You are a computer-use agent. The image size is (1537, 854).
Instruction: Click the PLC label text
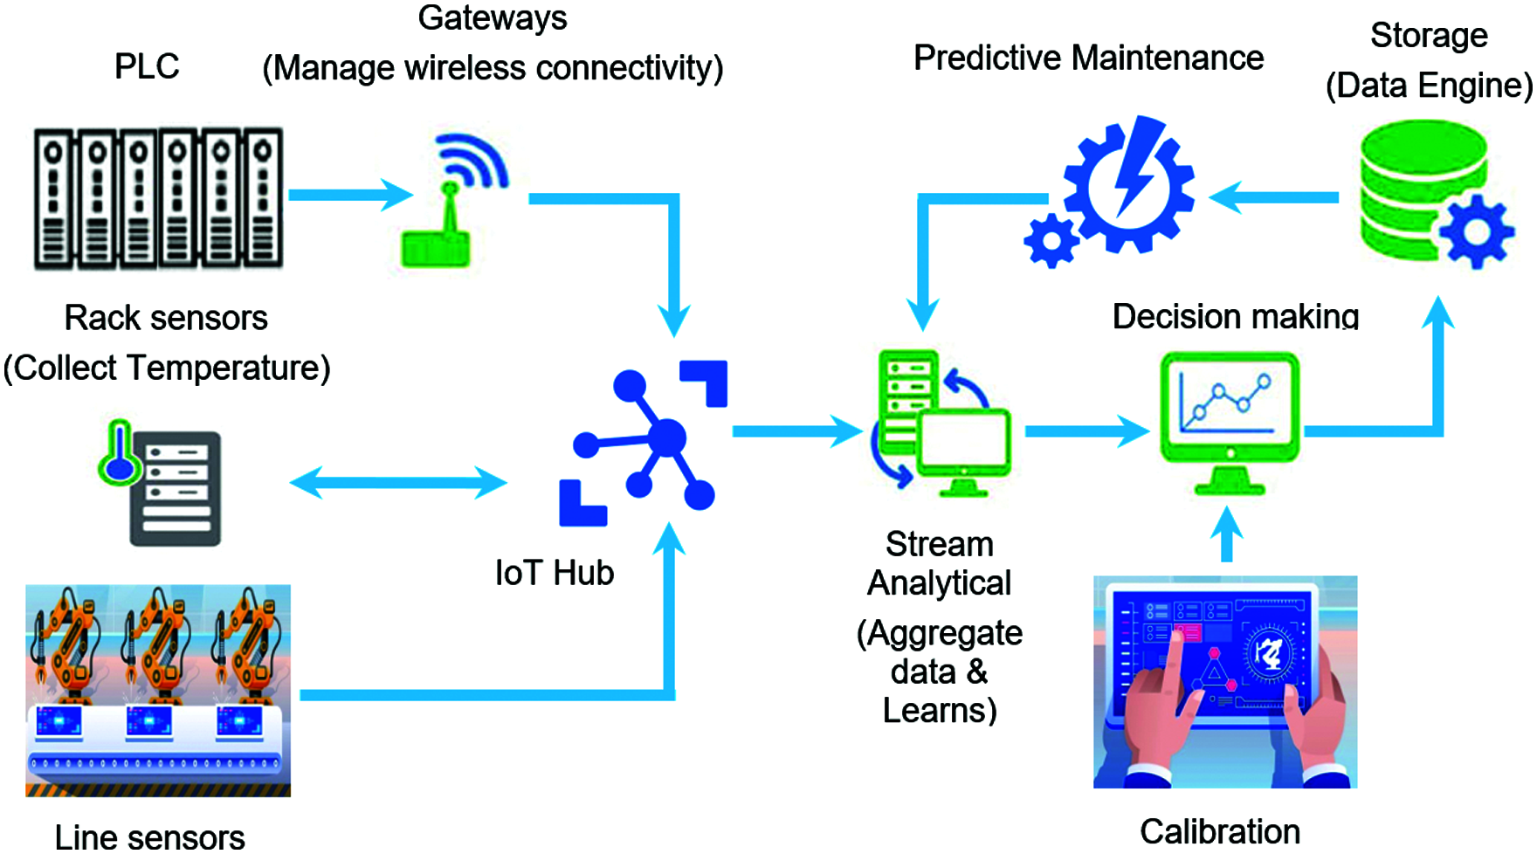(147, 66)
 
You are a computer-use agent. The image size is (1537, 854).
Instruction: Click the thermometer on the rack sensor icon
(118, 454)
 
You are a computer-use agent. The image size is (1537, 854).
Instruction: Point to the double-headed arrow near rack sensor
(397, 482)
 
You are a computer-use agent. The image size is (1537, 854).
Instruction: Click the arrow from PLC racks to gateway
(349, 194)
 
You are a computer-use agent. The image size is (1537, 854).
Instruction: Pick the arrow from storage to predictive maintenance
(1275, 197)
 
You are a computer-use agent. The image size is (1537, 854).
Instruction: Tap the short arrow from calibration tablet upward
(1227, 534)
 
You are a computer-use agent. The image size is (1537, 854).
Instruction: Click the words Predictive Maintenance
(1088, 58)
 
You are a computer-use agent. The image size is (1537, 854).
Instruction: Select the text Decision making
(1235, 316)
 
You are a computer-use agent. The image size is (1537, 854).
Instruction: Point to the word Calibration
(1219, 831)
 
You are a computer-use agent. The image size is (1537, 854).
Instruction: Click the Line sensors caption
(149, 837)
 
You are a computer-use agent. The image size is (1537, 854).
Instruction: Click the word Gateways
(493, 17)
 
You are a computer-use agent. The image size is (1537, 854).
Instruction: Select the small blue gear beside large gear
(1051, 240)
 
